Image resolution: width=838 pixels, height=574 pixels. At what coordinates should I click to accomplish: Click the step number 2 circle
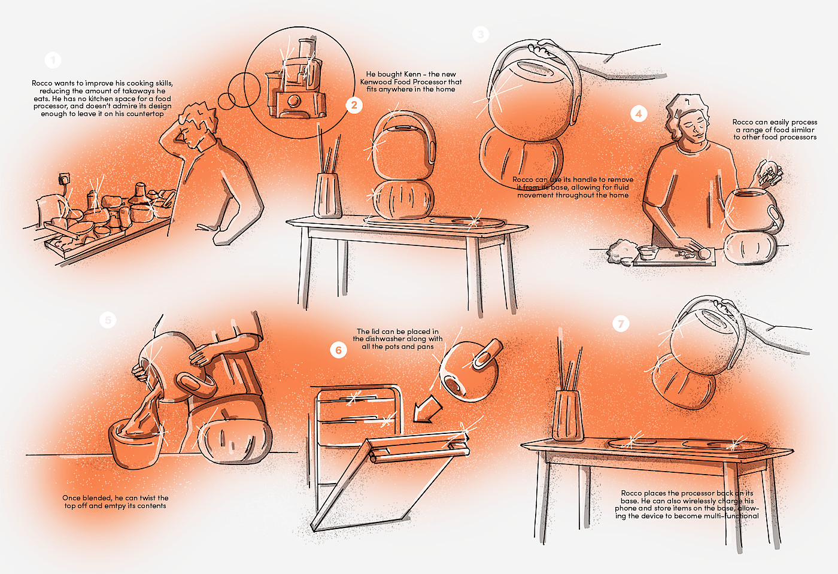[354, 105]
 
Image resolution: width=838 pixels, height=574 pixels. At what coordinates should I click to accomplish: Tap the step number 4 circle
[639, 114]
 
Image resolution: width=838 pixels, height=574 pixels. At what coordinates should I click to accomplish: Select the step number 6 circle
[338, 350]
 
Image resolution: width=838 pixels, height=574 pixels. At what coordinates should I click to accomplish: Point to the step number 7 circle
[621, 324]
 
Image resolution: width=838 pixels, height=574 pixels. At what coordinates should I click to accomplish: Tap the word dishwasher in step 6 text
[384, 339]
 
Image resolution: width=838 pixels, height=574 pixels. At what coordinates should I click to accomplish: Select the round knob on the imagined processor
[294, 101]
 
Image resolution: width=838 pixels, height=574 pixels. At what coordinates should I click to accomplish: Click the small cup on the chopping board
[648, 252]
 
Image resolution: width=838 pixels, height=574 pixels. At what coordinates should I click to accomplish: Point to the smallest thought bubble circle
[226, 101]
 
